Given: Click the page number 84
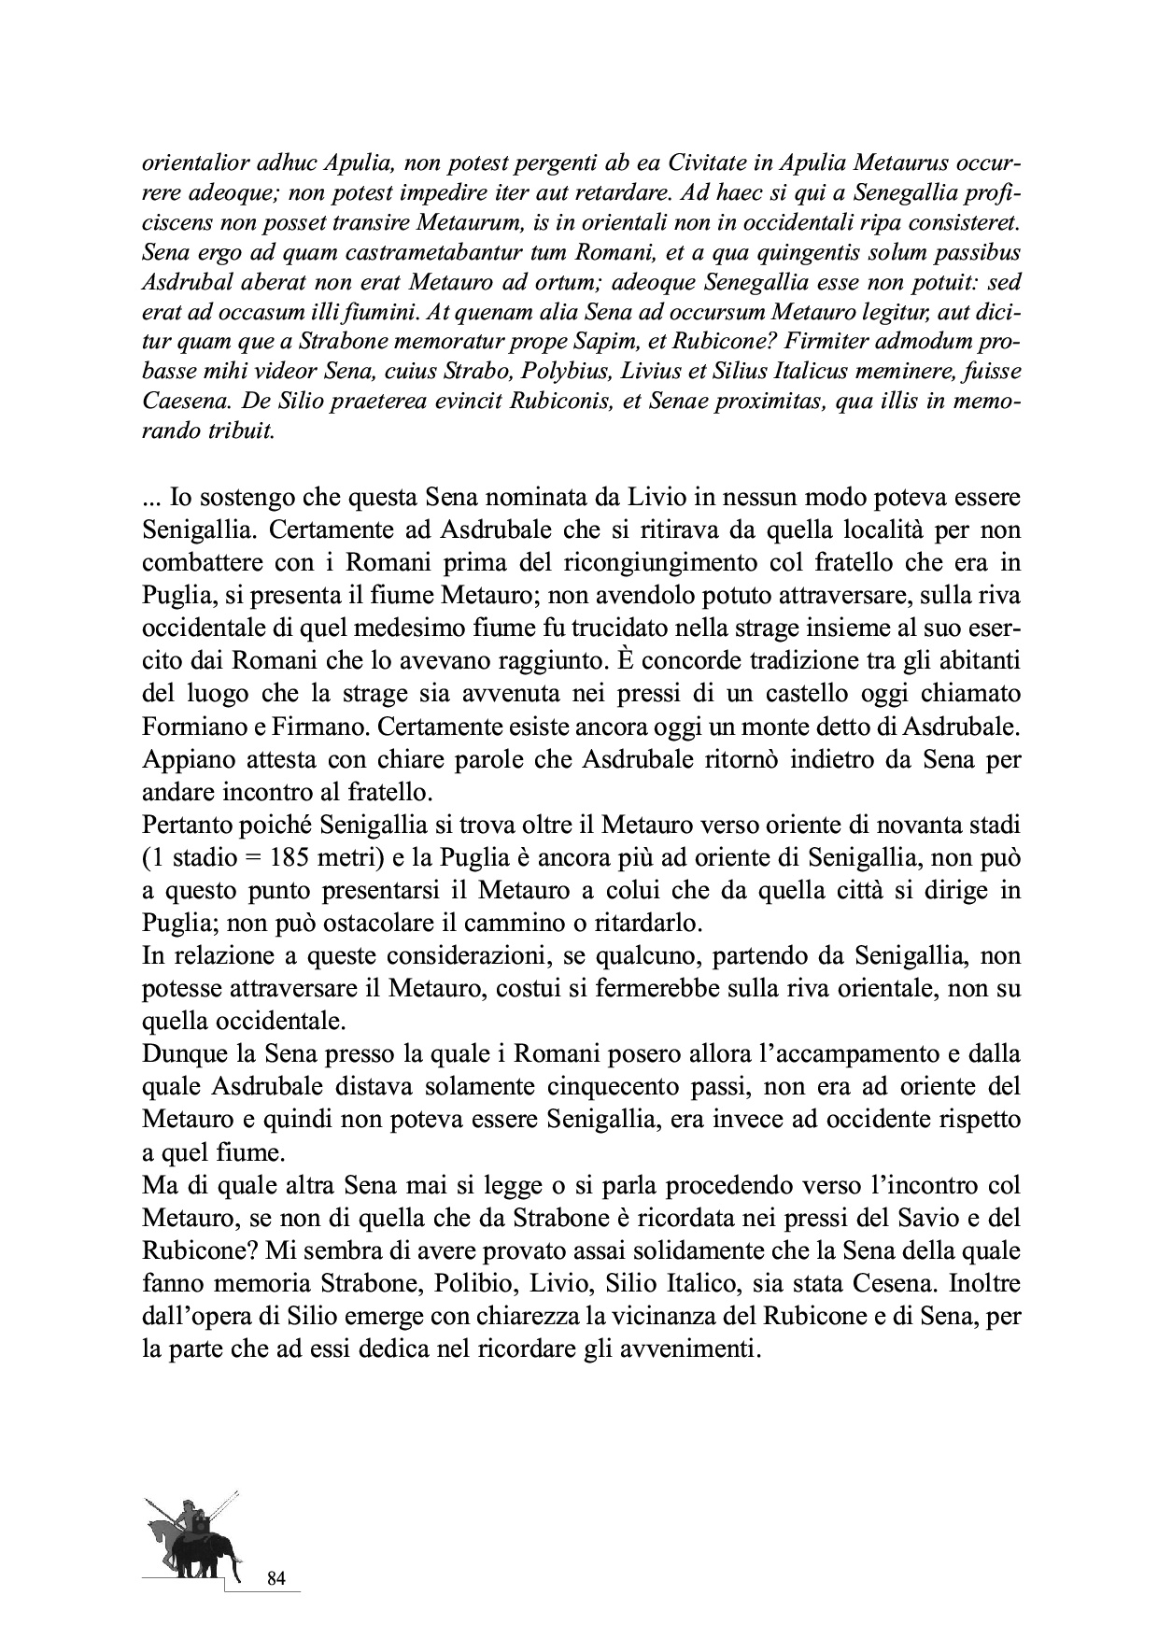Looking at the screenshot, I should (x=275, y=1579).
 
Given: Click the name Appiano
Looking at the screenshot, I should (x=182, y=759).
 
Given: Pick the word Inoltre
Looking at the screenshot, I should (x=986, y=1282).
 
